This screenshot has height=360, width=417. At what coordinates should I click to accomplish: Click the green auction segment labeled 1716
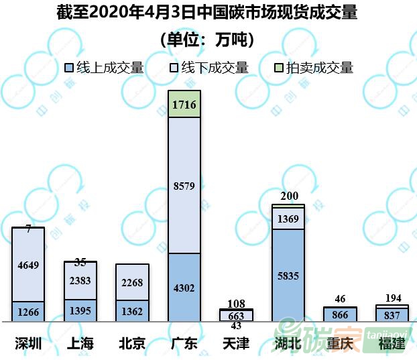click(x=184, y=105)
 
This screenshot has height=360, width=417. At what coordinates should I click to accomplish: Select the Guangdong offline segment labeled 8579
click(x=184, y=186)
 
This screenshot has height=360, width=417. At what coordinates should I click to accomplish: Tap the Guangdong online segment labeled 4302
click(x=184, y=288)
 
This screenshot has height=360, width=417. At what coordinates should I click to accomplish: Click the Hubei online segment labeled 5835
click(x=288, y=275)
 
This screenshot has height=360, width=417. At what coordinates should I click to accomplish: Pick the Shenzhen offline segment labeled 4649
click(x=28, y=265)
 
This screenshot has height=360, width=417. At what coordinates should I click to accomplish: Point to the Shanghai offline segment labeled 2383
click(x=80, y=281)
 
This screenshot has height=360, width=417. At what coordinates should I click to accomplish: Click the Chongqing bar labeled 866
click(x=340, y=314)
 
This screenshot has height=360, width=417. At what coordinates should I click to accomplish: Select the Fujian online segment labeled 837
click(x=392, y=314)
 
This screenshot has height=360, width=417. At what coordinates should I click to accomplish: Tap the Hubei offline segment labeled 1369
click(x=288, y=218)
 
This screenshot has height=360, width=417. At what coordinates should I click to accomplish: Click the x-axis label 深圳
click(x=28, y=344)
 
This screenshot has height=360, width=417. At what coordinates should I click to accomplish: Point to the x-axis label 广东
click(x=184, y=344)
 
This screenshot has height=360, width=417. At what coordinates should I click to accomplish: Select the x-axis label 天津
click(x=236, y=344)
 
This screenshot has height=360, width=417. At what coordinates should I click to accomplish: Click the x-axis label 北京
click(x=132, y=344)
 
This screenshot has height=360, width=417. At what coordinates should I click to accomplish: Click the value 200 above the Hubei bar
click(x=288, y=196)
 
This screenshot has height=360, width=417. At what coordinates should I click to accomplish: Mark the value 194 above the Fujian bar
click(x=392, y=297)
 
